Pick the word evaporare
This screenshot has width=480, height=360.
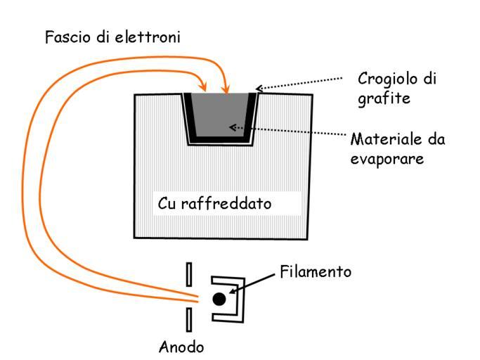coord(387,159)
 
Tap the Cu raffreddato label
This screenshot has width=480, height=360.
coord(214,204)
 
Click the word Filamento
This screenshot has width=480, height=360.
coord(316,271)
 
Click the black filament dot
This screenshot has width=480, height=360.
coord(219,299)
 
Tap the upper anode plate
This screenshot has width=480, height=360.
coord(188,274)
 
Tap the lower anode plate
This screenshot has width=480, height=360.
coord(188,320)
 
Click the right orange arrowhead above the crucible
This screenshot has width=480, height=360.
coord(226,89)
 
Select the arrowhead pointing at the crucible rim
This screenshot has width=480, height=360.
coord(259,89)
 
